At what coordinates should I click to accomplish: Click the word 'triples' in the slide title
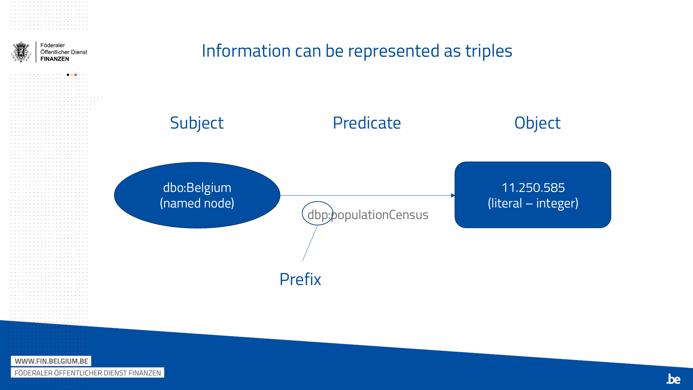point(489,51)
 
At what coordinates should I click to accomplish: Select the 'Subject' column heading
point(196,123)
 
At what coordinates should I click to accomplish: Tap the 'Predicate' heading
point(367,123)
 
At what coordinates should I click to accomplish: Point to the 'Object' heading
point(537,123)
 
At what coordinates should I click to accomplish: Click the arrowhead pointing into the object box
point(453,196)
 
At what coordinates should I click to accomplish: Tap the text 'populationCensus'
point(380,215)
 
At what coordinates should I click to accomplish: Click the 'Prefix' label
point(300,279)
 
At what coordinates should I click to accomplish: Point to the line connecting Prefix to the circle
point(310,243)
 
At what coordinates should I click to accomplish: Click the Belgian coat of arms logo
point(21,52)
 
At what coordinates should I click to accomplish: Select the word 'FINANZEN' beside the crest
point(55,59)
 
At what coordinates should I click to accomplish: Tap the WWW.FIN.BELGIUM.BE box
point(51,361)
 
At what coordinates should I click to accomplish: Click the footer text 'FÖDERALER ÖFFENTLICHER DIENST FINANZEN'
point(88,373)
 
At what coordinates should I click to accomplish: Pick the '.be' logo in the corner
point(673,379)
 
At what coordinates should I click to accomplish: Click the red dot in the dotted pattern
point(76,75)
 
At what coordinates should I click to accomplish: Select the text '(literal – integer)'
point(533,203)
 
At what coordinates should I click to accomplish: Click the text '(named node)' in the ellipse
point(197,203)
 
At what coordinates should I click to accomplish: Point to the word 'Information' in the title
point(246,51)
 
